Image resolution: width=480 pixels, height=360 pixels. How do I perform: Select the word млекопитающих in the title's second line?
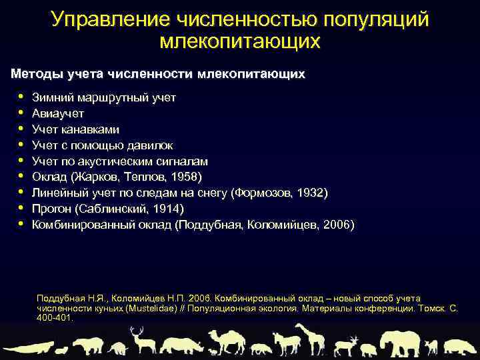tap(240, 41)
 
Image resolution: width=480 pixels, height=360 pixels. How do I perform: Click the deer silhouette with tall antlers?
tap(141, 339)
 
